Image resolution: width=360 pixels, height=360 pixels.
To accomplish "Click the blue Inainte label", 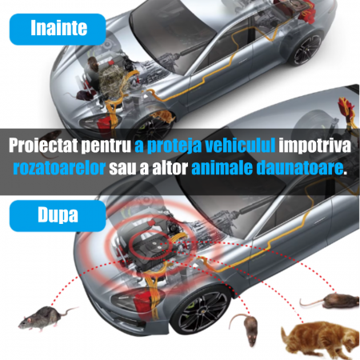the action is [x=58, y=29].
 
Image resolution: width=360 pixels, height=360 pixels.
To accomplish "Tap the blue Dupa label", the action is [x=58, y=216].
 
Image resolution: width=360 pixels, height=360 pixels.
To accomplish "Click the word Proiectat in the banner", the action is [x=43, y=146].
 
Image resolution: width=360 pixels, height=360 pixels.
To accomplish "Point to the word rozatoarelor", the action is [x=59, y=167].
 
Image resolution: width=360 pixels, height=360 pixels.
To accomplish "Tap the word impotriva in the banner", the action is [x=314, y=146].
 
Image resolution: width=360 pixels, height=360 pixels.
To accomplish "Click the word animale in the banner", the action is [x=222, y=167].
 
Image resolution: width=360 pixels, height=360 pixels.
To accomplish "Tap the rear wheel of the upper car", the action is [x=306, y=49].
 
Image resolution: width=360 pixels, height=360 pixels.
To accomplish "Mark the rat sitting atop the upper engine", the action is [x=93, y=63].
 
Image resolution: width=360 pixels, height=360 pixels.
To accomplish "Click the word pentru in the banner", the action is [x=106, y=146].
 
